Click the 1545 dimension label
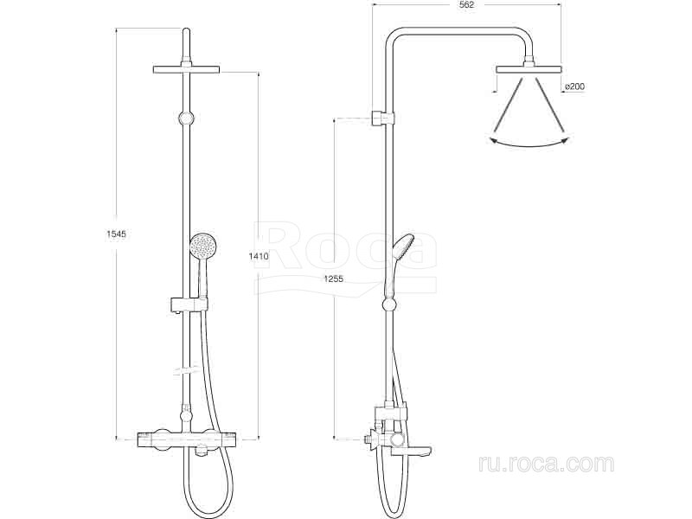point(116,234)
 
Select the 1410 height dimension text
point(258,256)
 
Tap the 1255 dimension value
point(333,279)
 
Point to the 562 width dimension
point(466,5)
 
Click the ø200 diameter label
point(574,86)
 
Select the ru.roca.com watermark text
point(546,465)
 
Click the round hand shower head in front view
point(203,247)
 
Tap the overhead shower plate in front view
point(186,70)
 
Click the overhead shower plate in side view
point(529,69)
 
